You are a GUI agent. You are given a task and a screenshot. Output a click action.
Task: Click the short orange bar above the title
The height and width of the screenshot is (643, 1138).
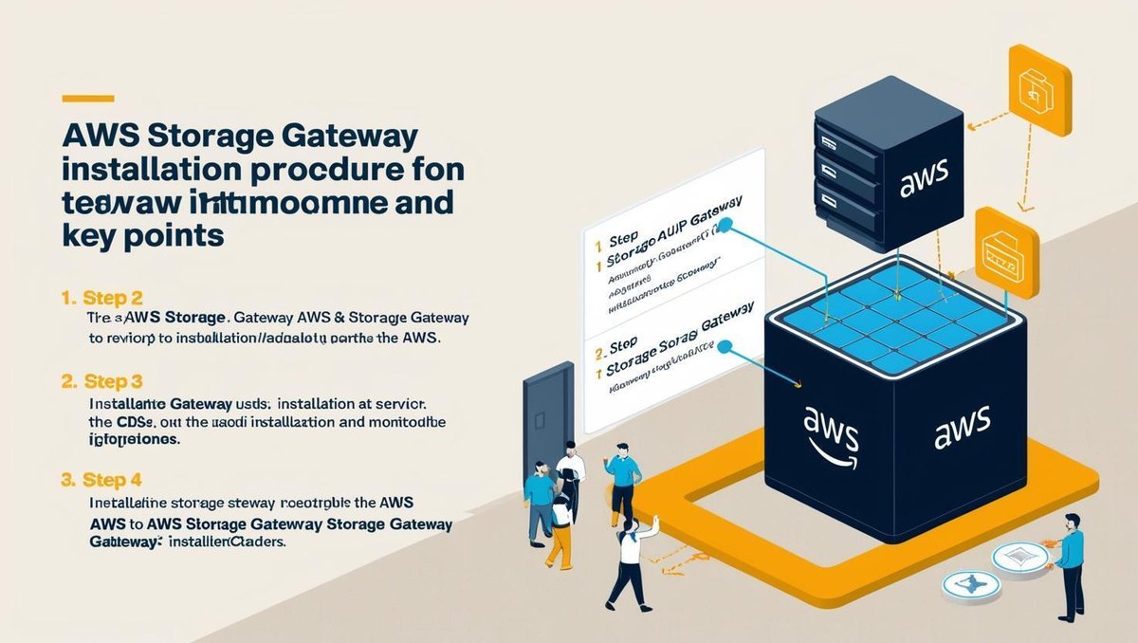pos(87,98)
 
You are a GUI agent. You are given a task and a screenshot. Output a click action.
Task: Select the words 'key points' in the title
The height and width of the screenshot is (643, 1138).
pos(143,236)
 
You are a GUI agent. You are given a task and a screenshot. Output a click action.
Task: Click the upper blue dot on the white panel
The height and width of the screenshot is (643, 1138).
pos(725,226)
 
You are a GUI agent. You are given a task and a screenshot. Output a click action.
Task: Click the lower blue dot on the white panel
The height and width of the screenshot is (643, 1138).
pos(725,347)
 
